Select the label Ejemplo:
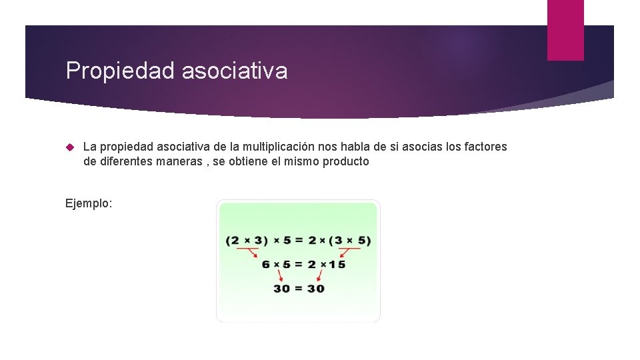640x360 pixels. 89,203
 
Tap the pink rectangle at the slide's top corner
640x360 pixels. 565,30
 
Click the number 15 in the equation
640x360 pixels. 337,264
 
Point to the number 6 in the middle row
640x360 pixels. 266,264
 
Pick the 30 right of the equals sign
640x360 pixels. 315,288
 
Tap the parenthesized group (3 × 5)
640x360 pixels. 350,240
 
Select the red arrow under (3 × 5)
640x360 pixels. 349,252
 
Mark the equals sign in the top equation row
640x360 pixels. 299,240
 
